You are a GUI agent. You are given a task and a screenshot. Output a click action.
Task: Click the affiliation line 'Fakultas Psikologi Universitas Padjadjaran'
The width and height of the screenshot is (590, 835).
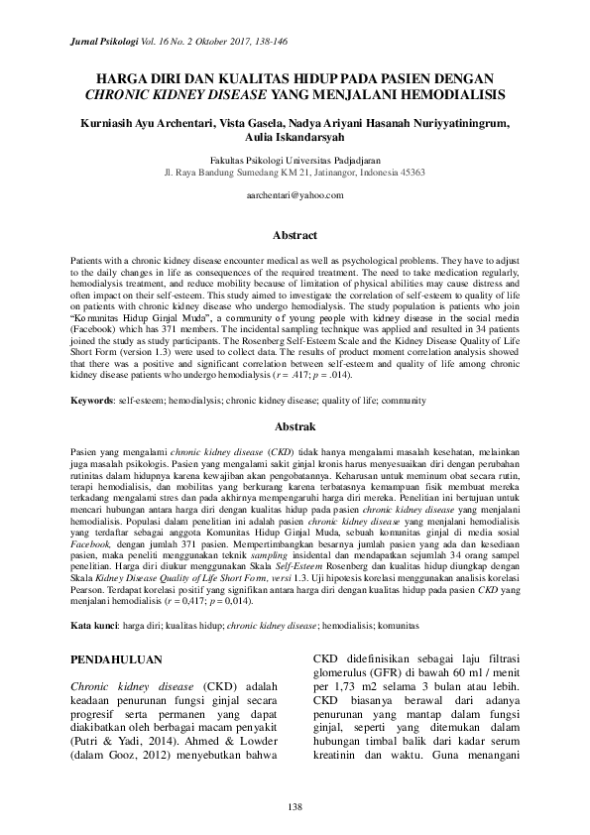click(x=295, y=159)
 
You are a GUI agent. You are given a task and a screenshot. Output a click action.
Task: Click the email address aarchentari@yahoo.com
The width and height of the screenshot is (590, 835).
click(x=295, y=195)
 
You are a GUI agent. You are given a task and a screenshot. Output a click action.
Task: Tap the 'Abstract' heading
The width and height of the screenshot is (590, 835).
click(x=295, y=236)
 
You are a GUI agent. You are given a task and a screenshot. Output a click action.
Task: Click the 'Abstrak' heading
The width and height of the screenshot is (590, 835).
click(x=295, y=427)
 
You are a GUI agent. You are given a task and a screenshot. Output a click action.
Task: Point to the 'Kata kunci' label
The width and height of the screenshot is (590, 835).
click(x=93, y=627)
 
